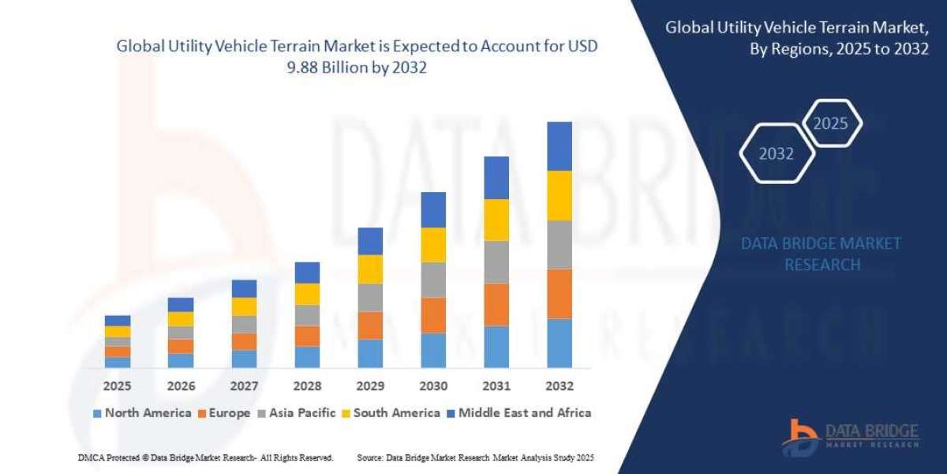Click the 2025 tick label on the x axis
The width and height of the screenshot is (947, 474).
coord(117,386)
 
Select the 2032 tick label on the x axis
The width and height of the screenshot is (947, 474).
coord(559,386)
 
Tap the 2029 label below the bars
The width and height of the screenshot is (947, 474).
coord(370,386)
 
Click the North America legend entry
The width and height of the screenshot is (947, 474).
coord(142,412)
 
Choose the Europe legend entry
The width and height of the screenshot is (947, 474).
coord(224,412)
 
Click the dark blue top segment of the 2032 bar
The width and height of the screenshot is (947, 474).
coord(559,146)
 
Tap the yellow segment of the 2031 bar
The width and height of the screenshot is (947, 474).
coord(496,220)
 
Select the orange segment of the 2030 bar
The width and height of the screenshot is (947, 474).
coord(433,314)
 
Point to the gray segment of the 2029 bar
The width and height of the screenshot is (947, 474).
coord(370,297)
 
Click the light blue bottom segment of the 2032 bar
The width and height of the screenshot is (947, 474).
coord(559,343)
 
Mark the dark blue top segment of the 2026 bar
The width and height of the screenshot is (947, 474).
coord(181,304)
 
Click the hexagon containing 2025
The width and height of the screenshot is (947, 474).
coord(830,124)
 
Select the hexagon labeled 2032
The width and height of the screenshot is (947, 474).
coord(777,154)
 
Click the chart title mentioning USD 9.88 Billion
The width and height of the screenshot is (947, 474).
coord(357,56)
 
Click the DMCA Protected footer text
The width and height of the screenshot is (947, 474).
coord(205,457)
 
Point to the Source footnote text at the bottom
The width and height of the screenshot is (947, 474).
coord(475,457)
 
